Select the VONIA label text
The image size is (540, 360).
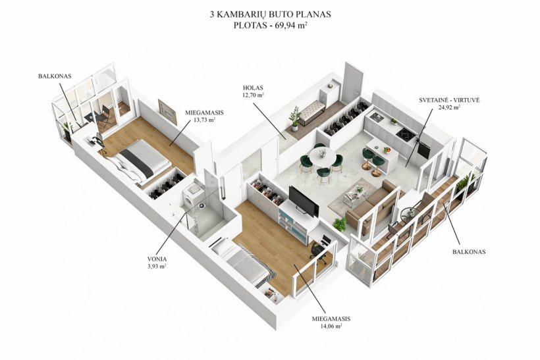[x=157, y=259]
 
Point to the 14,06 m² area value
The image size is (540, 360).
[x=331, y=326]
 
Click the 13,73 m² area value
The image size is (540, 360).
[x=205, y=119]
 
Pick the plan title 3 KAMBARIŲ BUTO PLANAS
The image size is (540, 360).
[x=271, y=14]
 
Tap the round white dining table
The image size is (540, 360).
[x=323, y=157]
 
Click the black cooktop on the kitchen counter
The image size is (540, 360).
[x=406, y=134]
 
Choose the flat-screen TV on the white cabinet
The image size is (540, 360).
[x=304, y=201]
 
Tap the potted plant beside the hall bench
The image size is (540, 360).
[x=294, y=118]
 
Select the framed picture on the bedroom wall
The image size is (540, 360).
[x=167, y=112]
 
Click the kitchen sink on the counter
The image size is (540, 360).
[x=375, y=117]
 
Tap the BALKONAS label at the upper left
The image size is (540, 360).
[x=55, y=76]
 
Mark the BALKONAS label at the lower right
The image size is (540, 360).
[x=469, y=251]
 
